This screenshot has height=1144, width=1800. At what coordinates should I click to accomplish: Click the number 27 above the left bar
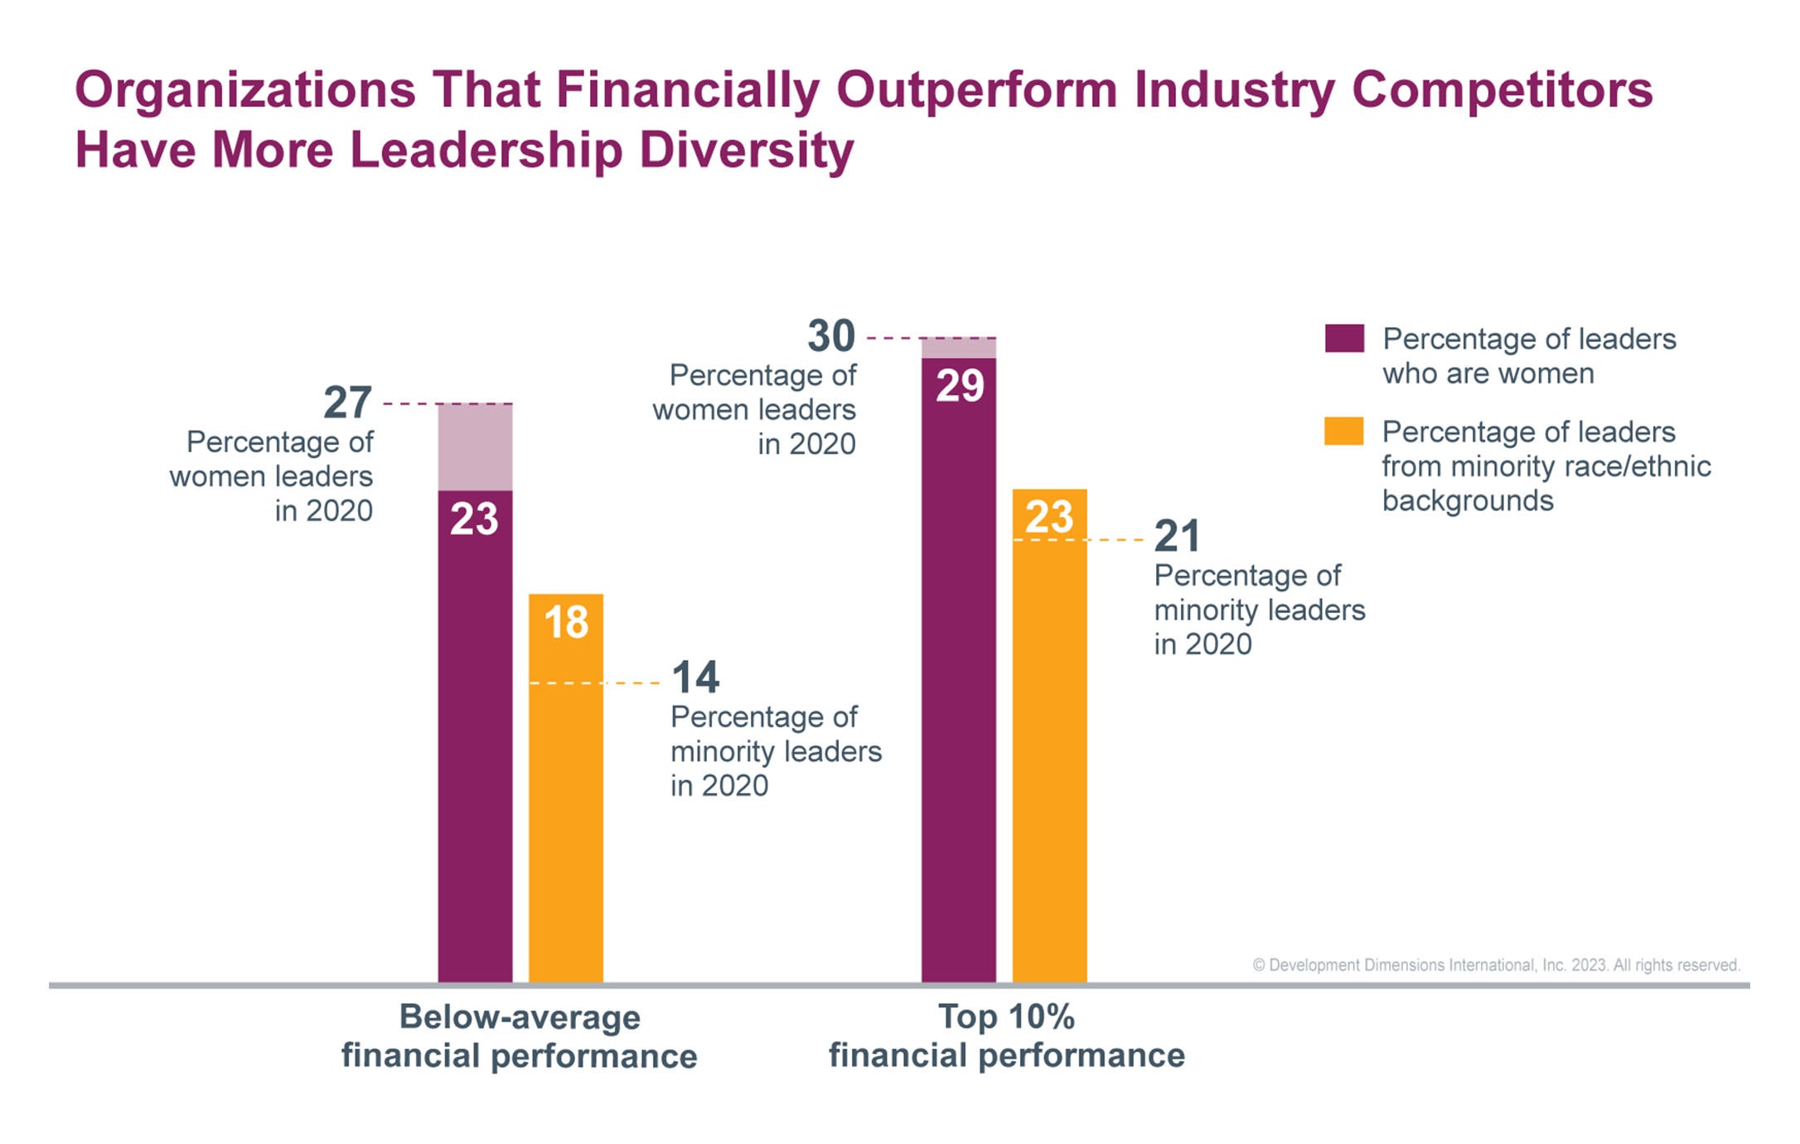pyautogui.click(x=347, y=403)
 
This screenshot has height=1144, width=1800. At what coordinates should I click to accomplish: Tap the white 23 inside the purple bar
pyautogui.click(x=474, y=519)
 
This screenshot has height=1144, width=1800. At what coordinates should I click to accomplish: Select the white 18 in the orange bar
pyautogui.click(x=566, y=622)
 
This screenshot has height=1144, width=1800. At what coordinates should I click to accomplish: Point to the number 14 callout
pyautogui.click(x=694, y=678)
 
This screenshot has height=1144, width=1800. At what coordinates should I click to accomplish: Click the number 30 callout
pyautogui.click(x=830, y=336)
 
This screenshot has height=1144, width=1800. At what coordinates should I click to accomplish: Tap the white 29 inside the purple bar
pyautogui.click(x=960, y=386)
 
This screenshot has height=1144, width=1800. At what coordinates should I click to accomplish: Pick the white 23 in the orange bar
pyautogui.click(x=1049, y=517)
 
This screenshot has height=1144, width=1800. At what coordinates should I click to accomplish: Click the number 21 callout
pyautogui.click(x=1177, y=537)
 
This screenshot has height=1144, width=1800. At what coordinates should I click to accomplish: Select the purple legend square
pyautogui.click(x=1343, y=338)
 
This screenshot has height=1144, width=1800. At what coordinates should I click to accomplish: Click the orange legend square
pyautogui.click(x=1343, y=432)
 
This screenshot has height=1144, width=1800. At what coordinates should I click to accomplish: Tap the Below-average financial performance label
pyautogui.click(x=520, y=1036)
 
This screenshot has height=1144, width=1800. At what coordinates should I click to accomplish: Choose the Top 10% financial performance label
pyautogui.click(x=1006, y=1036)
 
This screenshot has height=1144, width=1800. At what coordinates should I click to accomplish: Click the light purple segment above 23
pyautogui.click(x=475, y=447)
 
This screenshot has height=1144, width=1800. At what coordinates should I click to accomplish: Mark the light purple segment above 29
pyautogui.click(x=959, y=348)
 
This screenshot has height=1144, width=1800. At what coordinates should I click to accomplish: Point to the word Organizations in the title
pyautogui.click(x=245, y=89)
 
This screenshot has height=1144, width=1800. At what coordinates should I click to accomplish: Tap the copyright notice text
pyautogui.click(x=1496, y=965)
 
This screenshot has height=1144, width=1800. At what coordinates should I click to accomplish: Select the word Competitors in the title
pyautogui.click(x=1502, y=89)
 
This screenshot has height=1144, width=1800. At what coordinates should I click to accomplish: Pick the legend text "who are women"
pyautogui.click(x=1488, y=374)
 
